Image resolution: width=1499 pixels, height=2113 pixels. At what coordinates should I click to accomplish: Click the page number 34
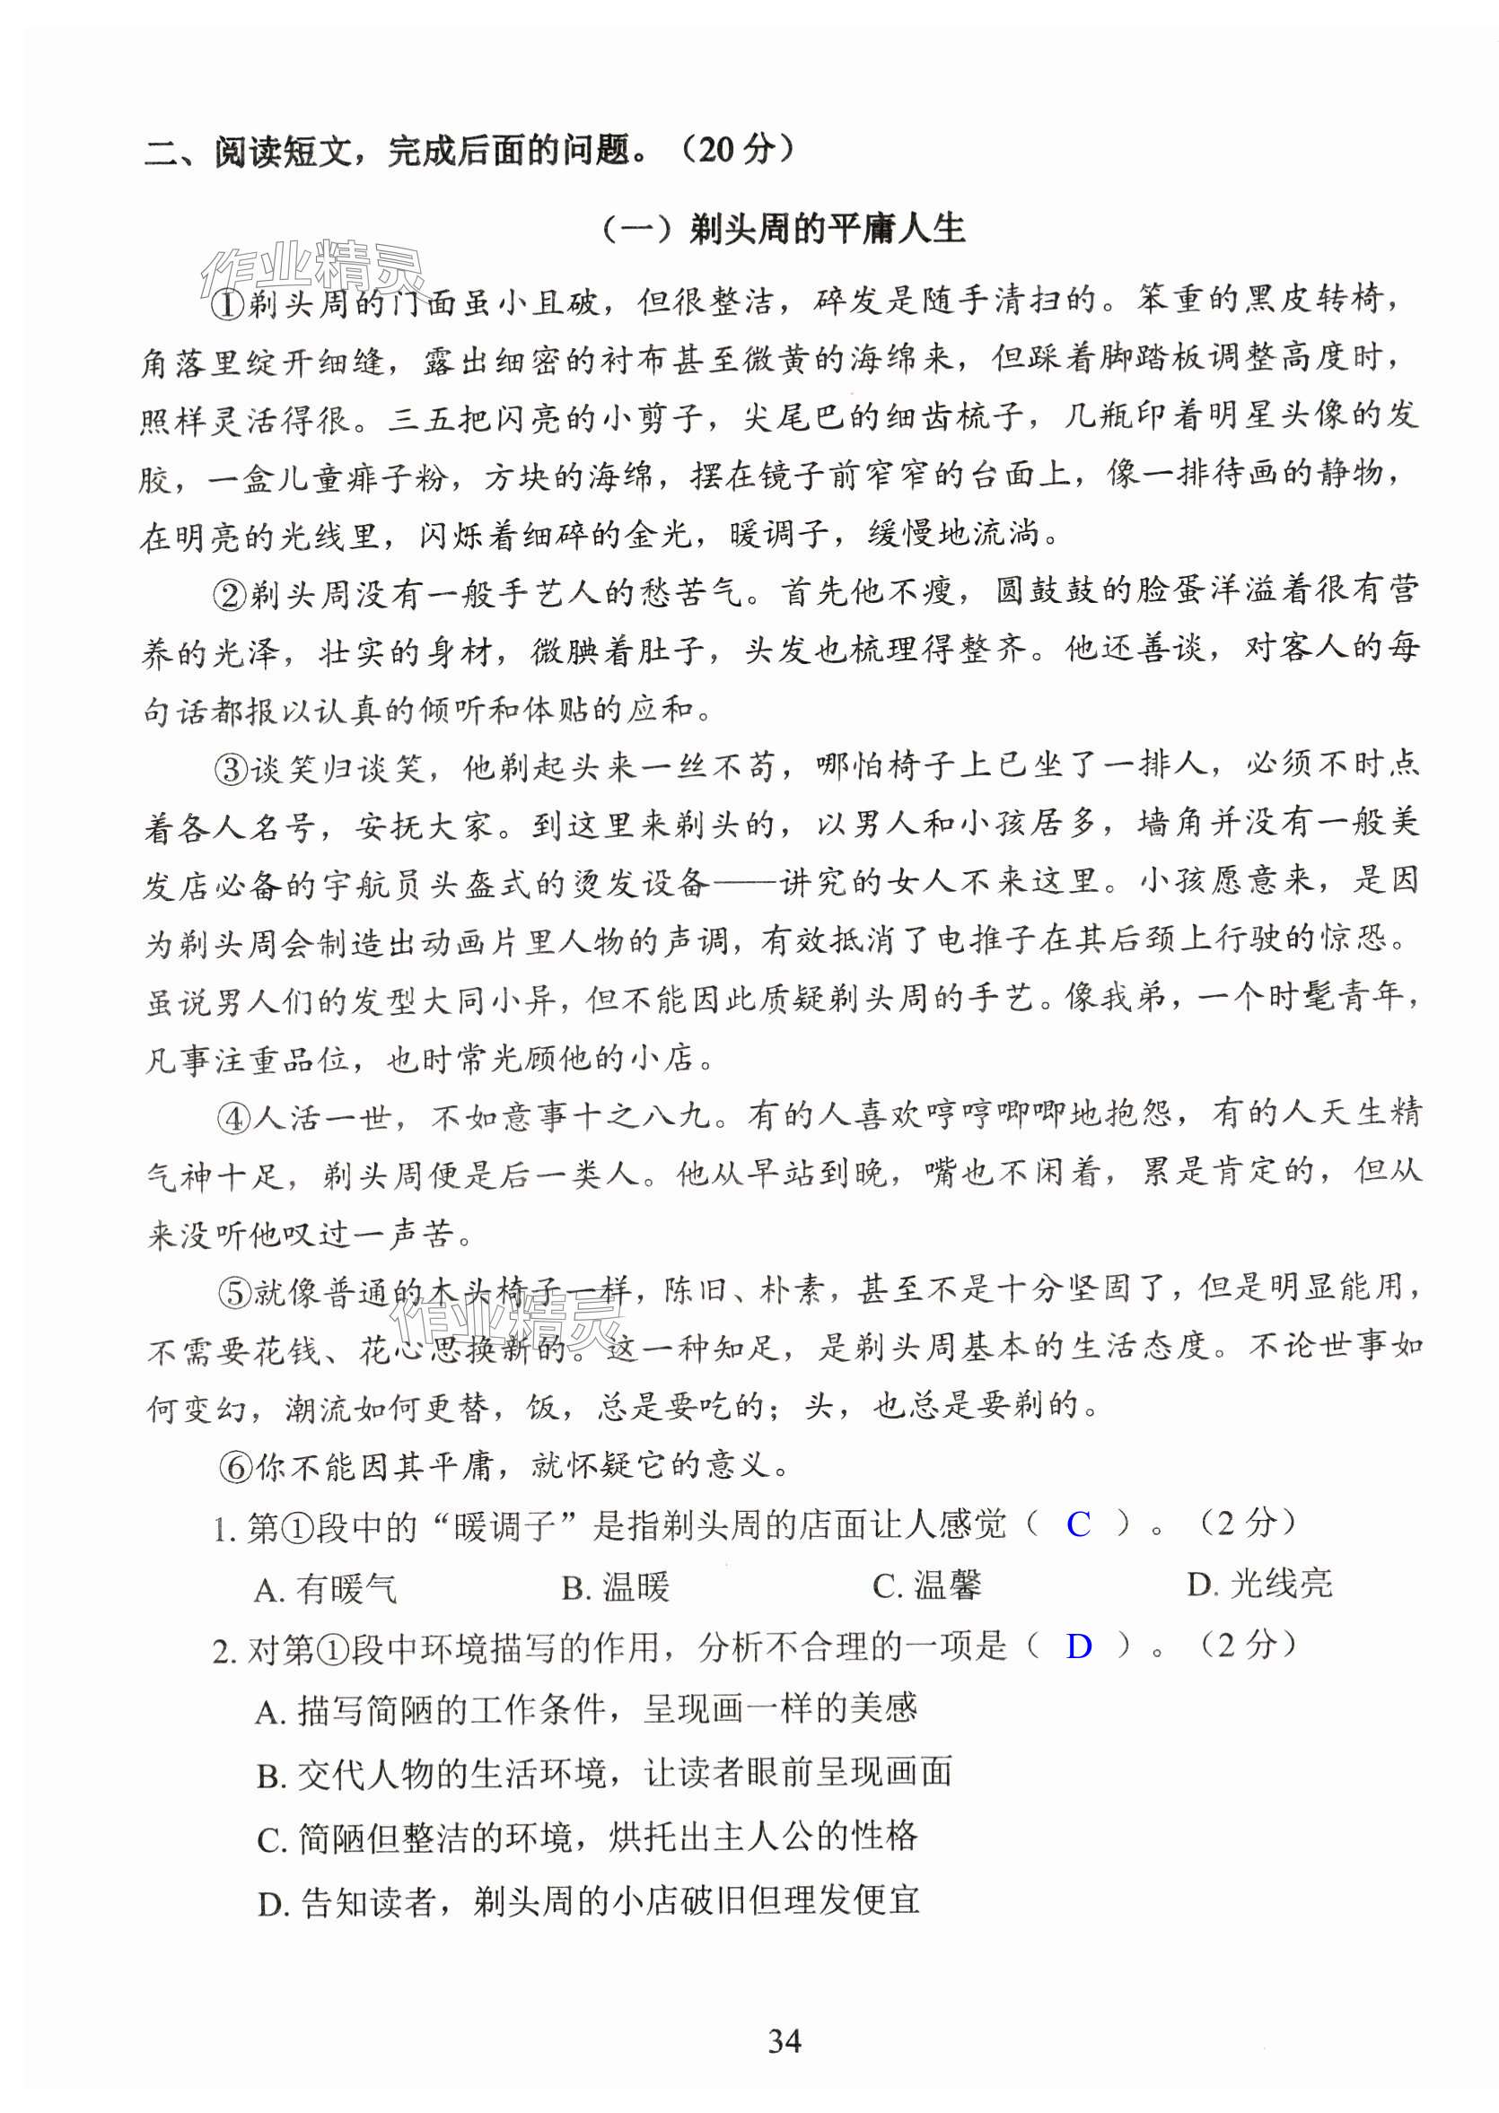tap(784, 2039)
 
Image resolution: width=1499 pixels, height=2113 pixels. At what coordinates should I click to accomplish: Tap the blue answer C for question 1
tap(1077, 1524)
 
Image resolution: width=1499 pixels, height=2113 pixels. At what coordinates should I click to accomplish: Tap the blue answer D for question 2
tap(1078, 1646)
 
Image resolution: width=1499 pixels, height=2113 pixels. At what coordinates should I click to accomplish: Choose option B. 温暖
tap(615, 1587)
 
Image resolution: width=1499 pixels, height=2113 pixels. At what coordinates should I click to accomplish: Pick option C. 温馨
tap(926, 1586)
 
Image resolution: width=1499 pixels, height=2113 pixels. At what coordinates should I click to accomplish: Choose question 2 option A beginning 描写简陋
tap(585, 1710)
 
